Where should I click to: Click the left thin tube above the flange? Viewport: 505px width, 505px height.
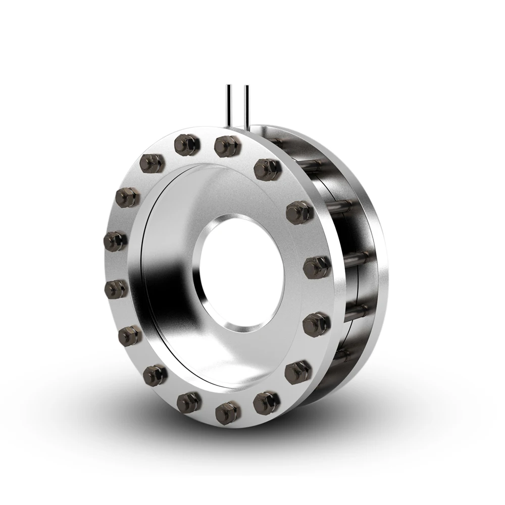229,106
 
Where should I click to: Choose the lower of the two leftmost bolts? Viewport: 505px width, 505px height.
116,288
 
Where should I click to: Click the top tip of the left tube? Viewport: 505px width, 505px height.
229,87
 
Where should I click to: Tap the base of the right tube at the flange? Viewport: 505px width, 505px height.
246,126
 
